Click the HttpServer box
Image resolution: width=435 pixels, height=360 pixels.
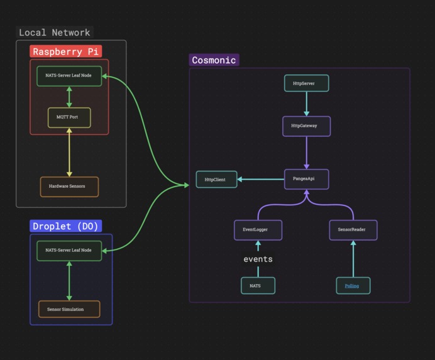click(307, 83)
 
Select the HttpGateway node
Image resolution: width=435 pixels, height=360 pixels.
click(306, 126)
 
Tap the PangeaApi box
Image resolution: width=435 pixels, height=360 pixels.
click(306, 179)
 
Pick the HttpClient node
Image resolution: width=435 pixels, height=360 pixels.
click(216, 180)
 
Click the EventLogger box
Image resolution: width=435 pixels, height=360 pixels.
click(258, 230)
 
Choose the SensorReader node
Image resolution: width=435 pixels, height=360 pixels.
click(353, 230)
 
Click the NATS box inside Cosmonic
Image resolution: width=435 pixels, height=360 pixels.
click(258, 285)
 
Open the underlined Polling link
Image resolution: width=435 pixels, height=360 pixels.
click(352, 285)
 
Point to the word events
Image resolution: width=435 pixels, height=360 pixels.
click(258, 259)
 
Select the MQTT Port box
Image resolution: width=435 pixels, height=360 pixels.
click(69, 117)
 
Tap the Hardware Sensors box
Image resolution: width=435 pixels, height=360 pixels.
click(69, 187)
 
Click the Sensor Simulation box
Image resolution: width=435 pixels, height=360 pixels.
click(69, 309)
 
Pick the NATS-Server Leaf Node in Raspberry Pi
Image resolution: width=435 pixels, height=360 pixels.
click(69, 76)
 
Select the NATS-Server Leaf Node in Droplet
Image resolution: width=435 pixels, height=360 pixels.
click(69, 251)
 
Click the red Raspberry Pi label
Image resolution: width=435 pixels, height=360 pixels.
click(66, 52)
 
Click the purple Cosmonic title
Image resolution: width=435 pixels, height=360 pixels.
click(214, 60)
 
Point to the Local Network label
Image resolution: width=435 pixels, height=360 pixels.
click(55, 33)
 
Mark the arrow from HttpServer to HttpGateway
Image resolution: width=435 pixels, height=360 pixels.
click(307, 104)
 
